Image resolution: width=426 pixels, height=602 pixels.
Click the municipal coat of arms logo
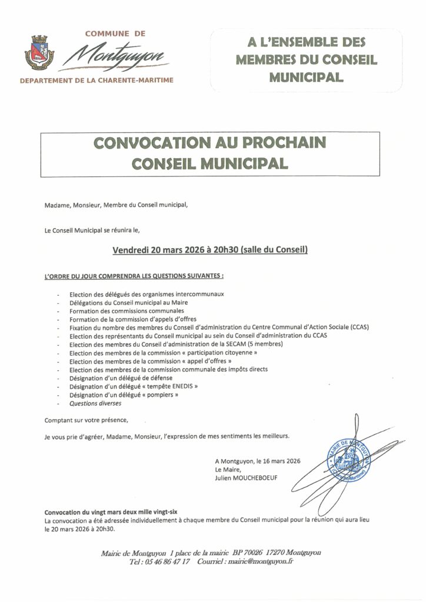point(39,53)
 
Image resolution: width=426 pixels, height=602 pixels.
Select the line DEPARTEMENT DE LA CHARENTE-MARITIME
point(97,80)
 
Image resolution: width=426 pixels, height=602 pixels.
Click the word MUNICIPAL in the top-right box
point(306,76)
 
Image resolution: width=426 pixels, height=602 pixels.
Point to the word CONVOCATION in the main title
point(147,143)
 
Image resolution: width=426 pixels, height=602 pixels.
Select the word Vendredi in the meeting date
point(131,250)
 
